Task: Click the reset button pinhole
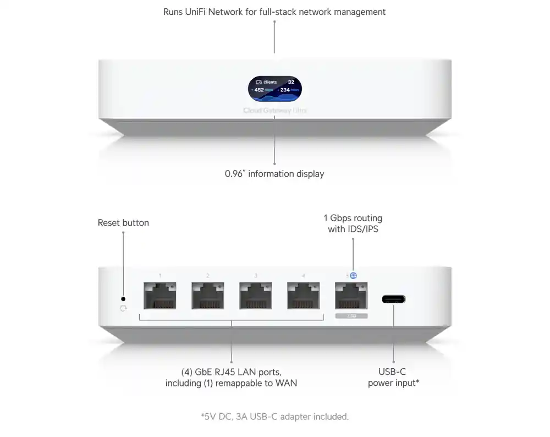click(x=123, y=298)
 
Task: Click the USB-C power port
click(x=394, y=299)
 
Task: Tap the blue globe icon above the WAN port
click(x=353, y=275)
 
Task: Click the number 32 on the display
click(x=291, y=82)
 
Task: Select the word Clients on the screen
click(x=269, y=82)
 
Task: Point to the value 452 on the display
click(x=259, y=90)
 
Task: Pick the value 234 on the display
click(x=285, y=90)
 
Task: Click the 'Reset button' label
click(x=123, y=223)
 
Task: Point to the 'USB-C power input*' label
click(x=393, y=378)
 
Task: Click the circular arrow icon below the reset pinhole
click(x=123, y=309)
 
